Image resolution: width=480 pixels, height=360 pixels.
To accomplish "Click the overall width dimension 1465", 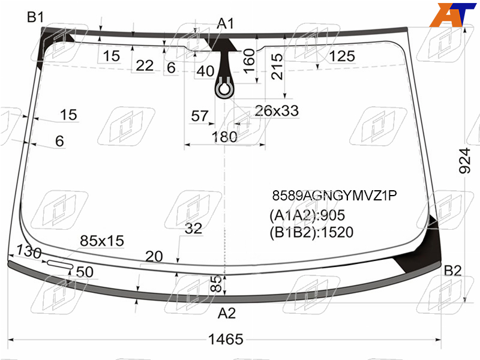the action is (226, 339).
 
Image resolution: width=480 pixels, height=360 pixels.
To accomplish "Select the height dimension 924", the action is (464, 161).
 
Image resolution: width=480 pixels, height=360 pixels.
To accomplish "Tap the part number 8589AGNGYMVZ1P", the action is (334, 196).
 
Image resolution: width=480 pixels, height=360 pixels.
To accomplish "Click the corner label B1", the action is (35, 17).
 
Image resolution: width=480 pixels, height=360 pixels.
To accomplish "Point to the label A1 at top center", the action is (226, 23).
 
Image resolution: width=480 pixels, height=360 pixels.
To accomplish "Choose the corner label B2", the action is (452, 271).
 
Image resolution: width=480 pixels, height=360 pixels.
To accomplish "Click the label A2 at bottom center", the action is (227, 313).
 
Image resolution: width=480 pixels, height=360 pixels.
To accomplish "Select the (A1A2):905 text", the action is (307, 215).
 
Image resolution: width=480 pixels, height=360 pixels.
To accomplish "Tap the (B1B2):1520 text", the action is (311, 232).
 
